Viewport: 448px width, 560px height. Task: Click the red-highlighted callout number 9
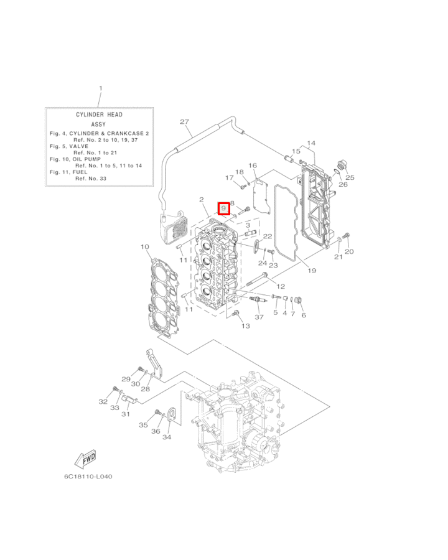(x=223, y=208)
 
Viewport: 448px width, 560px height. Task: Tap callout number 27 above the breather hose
(x=184, y=122)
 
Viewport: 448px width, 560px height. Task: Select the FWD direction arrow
(x=85, y=459)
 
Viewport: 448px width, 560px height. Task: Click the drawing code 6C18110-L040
(x=88, y=477)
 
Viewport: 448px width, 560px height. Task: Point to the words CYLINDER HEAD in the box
(x=99, y=114)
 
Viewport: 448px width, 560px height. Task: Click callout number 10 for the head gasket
(x=145, y=247)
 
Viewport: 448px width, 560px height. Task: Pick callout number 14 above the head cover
(x=311, y=143)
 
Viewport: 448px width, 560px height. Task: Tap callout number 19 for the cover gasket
(x=312, y=271)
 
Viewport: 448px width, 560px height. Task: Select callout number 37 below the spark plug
(x=259, y=317)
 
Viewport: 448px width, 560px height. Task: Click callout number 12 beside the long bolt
(x=281, y=286)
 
